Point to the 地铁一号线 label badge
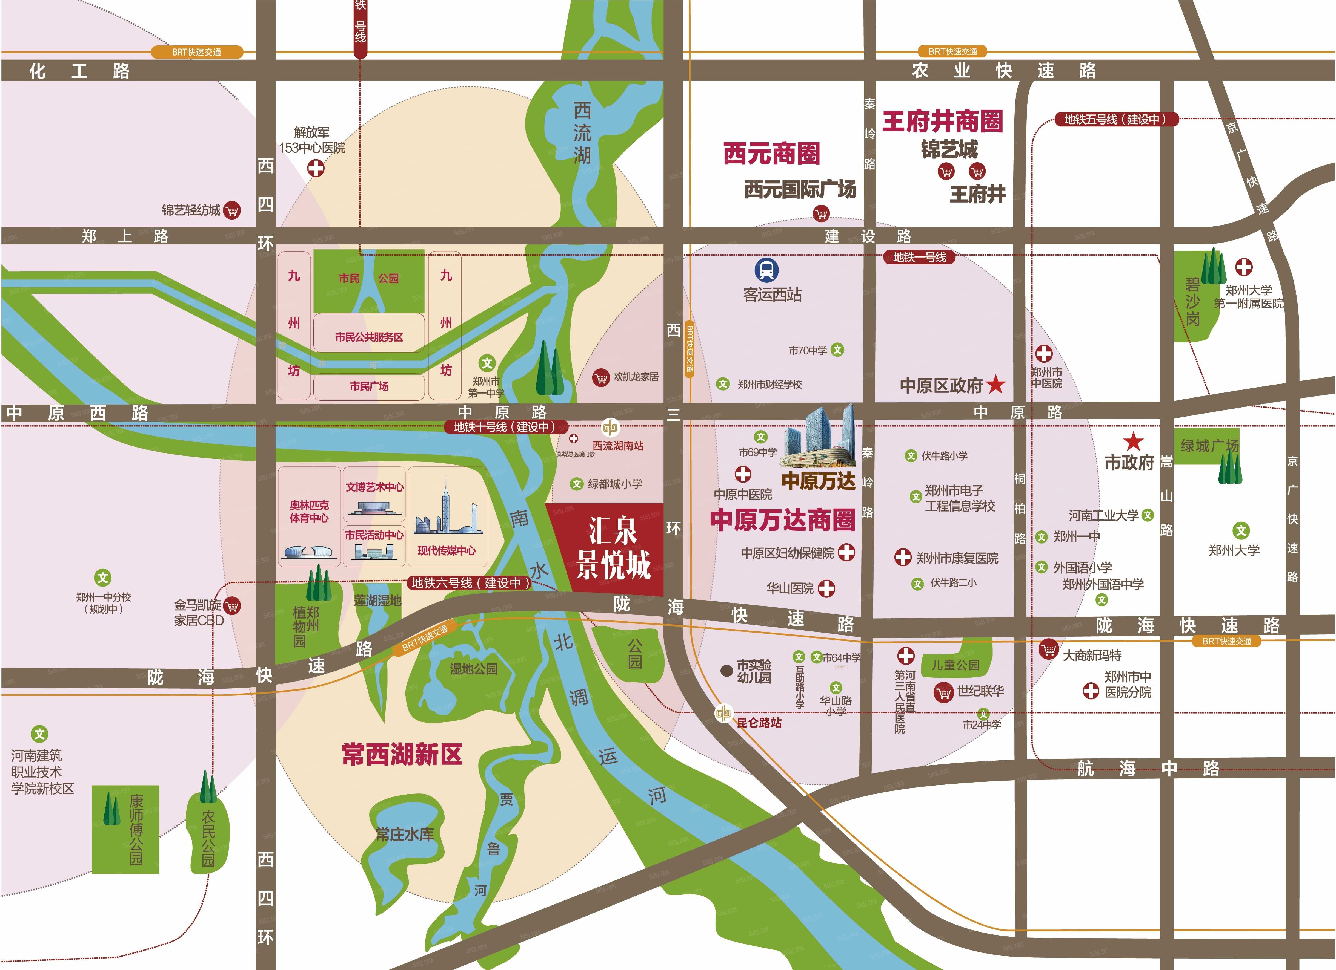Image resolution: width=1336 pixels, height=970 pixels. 919,257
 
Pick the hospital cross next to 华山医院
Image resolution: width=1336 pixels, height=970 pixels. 826,588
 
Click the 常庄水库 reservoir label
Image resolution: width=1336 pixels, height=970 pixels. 405,834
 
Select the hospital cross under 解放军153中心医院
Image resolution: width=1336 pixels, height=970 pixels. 316,168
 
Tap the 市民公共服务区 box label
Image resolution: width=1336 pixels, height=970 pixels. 369,337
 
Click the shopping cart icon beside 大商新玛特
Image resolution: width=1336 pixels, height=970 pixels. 1048,650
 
